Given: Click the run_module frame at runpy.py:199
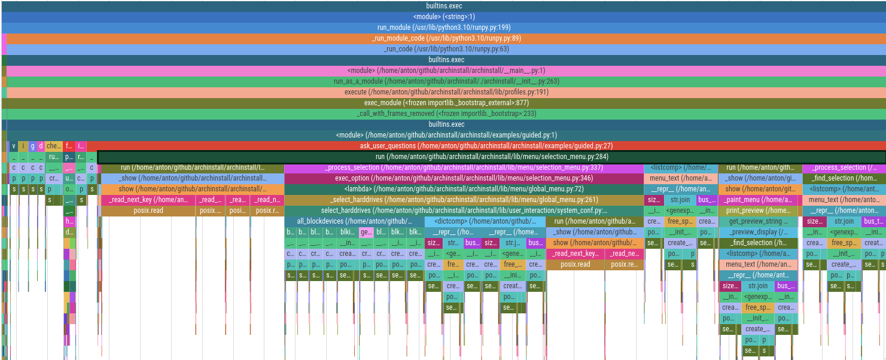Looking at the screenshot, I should click(x=443, y=28).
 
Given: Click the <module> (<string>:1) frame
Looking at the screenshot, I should click(x=443, y=17).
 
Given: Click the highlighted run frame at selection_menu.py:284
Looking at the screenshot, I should click(x=491, y=157).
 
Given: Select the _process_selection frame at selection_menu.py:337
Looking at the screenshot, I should click(x=464, y=167).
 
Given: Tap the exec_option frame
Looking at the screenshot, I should click(x=464, y=178).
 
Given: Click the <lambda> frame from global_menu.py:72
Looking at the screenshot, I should click(x=464, y=189).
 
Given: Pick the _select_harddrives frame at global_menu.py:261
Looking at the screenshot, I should click(x=464, y=200).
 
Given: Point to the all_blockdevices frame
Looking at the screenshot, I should click(x=354, y=221).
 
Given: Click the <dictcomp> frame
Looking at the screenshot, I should click(x=485, y=221).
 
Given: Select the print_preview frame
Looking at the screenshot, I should click(x=758, y=210).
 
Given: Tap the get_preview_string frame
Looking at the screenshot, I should click(x=758, y=221).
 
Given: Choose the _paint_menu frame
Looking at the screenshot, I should click(x=758, y=200).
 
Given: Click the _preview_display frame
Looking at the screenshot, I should click(x=758, y=232).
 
